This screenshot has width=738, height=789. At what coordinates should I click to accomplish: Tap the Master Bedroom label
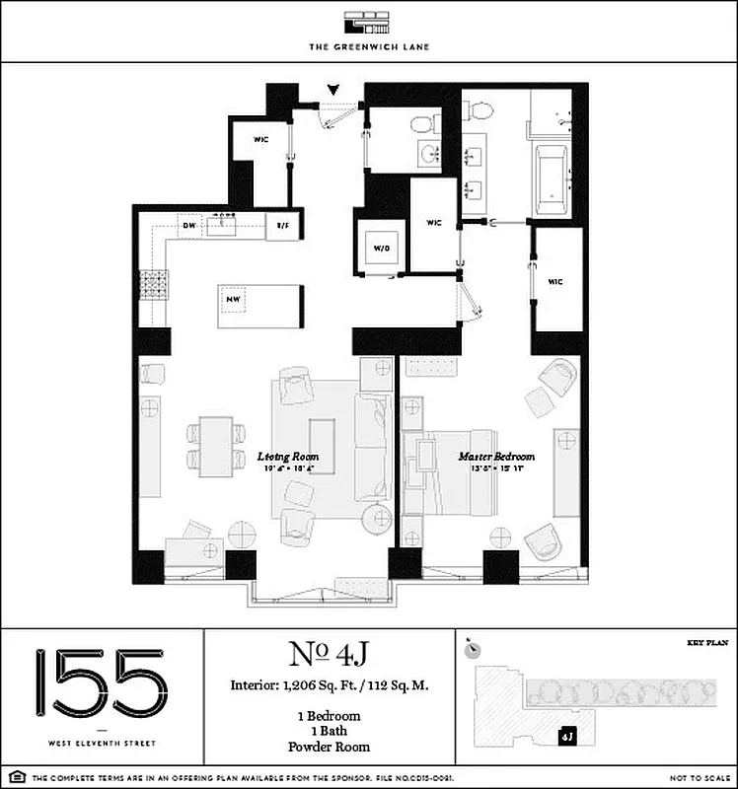coord(496,457)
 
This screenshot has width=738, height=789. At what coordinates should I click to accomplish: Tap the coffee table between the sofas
coord(323,447)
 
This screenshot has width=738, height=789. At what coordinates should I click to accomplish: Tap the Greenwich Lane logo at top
coord(368,24)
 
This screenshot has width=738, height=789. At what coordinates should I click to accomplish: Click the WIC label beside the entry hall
coord(261,140)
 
